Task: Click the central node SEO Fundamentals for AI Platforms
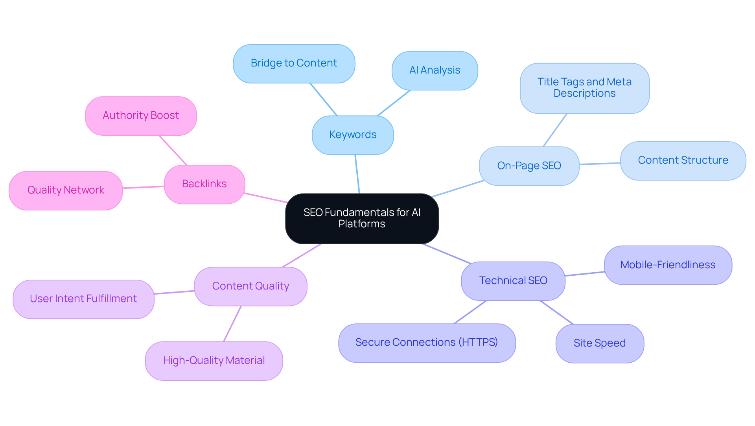pyautogui.click(x=362, y=218)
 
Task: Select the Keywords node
pyautogui.click(x=353, y=135)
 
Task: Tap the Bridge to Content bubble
pyautogui.click(x=294, y=63)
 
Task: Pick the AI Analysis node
pyautogui.click(x=435, y=70)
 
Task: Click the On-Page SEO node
pyautogui.click(x=529, y=166)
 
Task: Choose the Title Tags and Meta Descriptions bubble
pyautogui.click(x=584, y=88)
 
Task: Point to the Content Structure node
pyautogui.click(x=683, y=160)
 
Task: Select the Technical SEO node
pyautogui.click(x=513, y=281)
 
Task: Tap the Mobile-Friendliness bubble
pyautogui.click(x=668, y=265)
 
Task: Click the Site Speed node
pyautogui.click(x=599, y=343)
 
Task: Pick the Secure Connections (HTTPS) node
pyautogui.click(x=427, y=343)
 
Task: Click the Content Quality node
pyautogui.click(x=250, y=286)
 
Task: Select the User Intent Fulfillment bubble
pyautogui.click(x=83, y=299)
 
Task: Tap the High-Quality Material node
pyautogui.click(x=214, y=361)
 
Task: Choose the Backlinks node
pyautogui.click(x=204, y=184)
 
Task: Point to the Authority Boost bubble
pyautogui.click(x=141, y=116)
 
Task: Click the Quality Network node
pyautogui.click(x=66, y=190)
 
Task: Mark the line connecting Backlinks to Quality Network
pyautogui.click(x=144, y=187)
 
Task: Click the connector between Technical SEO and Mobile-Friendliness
pyautogui.click(x=585, y=274)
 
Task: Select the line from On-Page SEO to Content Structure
pyautogui.click(x=600, y=164)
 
